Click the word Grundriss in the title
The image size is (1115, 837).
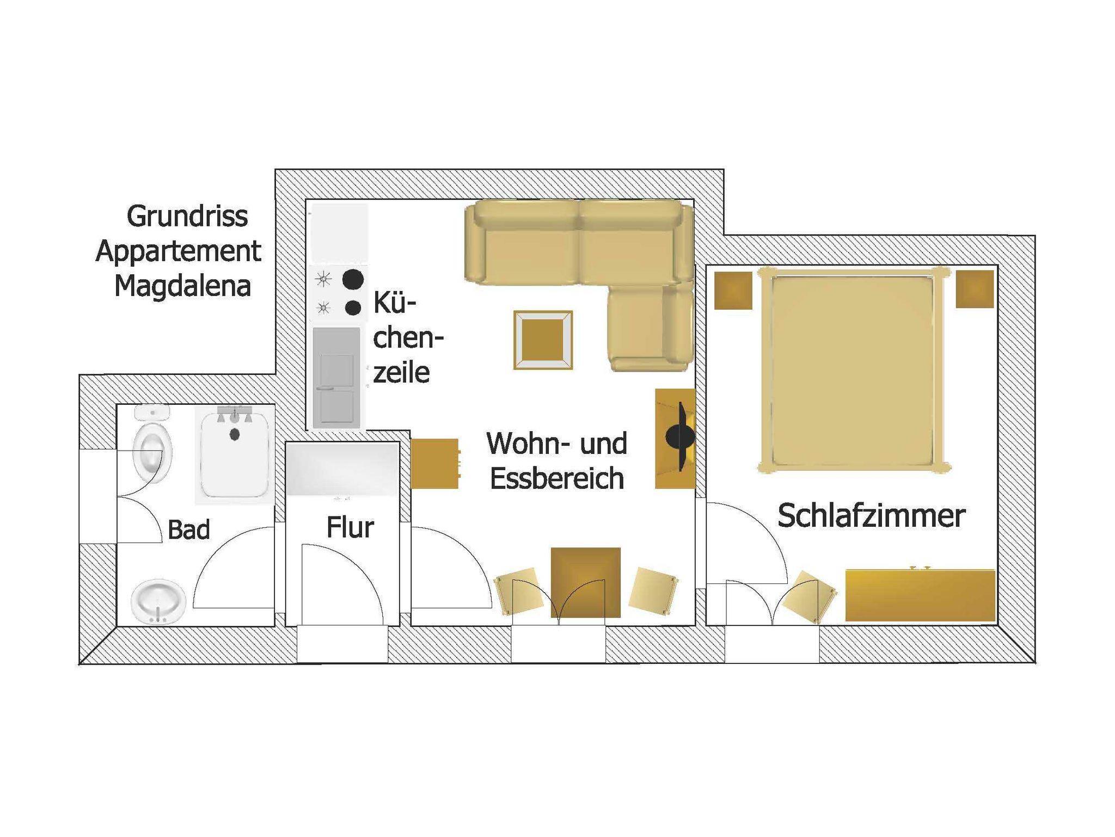(187, 217)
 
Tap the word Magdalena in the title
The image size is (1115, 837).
(183, 286)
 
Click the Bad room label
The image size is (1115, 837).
(189, 530)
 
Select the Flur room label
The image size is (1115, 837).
(350, 527)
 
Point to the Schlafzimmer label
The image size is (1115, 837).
(872, 515)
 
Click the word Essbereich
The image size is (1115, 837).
(557, 478)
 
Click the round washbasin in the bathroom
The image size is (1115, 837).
(158, 602)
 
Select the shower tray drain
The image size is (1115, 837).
(235, 434)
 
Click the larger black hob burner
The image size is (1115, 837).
(353, 280)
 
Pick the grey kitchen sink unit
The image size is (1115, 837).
(336, 377)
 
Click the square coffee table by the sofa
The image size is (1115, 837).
(543, 340)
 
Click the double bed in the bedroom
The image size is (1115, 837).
(854, 370)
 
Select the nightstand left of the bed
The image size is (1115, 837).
(733, 290)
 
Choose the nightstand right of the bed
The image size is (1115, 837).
(975, 289)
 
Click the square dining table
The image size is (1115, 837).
(585, 582)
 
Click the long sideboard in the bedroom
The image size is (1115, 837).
(920, 595)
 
